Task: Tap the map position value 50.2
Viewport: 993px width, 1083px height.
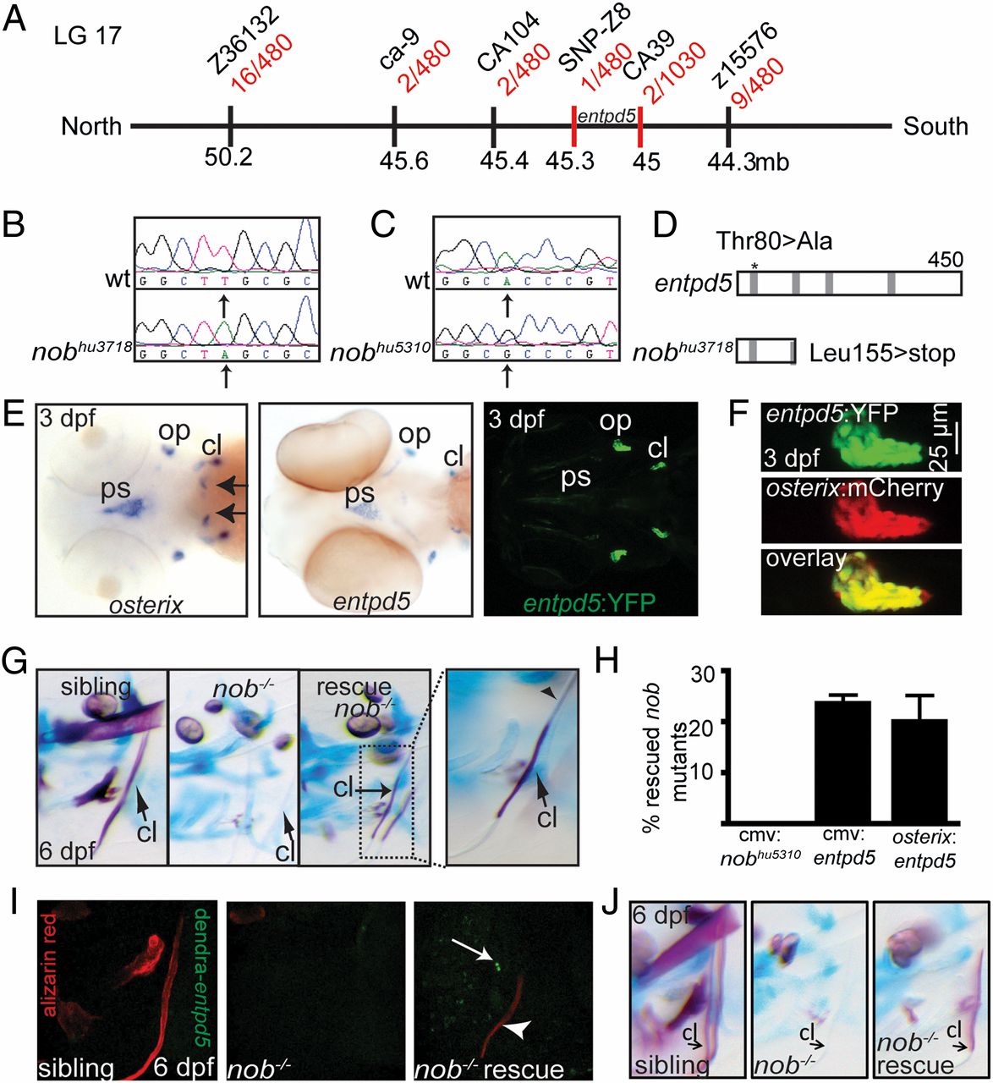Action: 229,157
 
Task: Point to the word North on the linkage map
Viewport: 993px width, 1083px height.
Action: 91,127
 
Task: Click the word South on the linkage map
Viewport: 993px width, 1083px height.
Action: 935,127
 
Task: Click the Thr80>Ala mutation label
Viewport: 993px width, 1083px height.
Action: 775,241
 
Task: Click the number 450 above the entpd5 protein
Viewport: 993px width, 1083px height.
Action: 940,256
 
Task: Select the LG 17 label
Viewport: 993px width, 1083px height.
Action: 87,36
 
